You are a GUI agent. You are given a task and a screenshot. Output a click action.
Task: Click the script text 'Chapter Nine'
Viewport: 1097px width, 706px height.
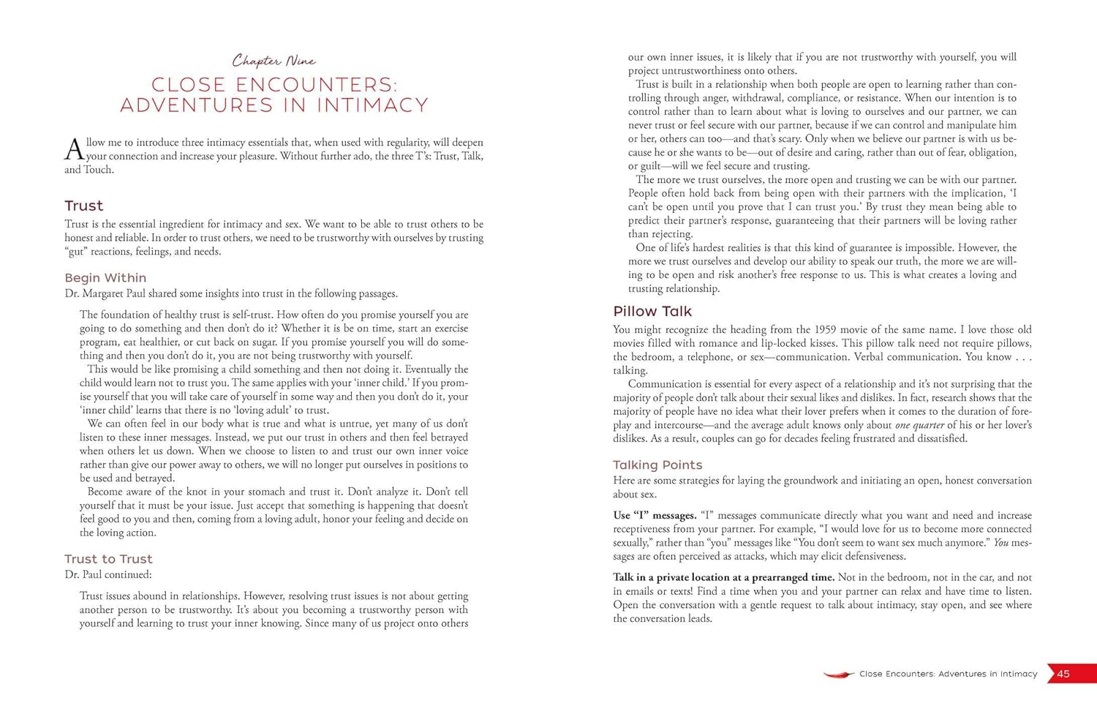(x=274, y=61)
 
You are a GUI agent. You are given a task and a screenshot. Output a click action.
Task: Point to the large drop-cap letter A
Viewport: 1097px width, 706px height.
(x=74, y=149)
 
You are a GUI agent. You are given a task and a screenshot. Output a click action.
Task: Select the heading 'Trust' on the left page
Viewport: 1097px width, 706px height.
(x=83, y=206)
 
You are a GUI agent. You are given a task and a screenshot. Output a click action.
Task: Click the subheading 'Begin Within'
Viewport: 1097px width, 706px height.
(x=105, y=278)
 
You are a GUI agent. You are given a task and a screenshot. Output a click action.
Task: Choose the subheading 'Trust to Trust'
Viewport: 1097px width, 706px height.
(x=108, y=559)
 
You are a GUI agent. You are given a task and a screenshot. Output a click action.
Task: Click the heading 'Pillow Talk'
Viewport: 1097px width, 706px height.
(x=652, y=311)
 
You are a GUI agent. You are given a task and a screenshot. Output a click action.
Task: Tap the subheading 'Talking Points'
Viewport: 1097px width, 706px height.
(x=657, y=465)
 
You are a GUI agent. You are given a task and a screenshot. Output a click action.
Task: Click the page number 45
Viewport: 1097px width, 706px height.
(x=1063, y=674)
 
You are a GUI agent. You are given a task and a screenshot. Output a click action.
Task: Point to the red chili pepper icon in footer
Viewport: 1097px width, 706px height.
(x=838, y=674)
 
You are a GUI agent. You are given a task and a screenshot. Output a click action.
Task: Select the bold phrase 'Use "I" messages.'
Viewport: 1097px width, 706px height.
(x=655, y=515)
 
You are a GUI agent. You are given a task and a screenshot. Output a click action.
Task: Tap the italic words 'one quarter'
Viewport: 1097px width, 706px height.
(x=919, y=425)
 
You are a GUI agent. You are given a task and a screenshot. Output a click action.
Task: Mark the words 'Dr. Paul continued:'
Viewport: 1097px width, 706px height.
(x=108, y=574)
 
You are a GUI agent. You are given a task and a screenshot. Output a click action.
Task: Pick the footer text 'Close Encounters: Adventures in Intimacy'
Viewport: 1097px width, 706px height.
(x=948, y=674)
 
